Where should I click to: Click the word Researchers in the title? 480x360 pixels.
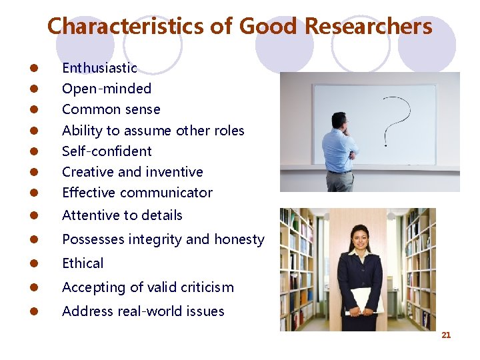pyautogui.click(x=368, y=27)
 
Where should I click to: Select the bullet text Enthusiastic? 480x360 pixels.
pyautogui.click(x=99, y=68)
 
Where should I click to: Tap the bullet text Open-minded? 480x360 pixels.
pyautogui.click(x=107, y=89)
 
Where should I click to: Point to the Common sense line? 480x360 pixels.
pyautogui.click(x=111, y=109)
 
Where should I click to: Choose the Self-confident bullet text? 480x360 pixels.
pyautogui.click(x=107, y=151)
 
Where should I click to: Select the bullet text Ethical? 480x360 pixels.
pyautogui.click(x=83, y=263)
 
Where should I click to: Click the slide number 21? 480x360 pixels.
pyautogui.click(x=446, y=335)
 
